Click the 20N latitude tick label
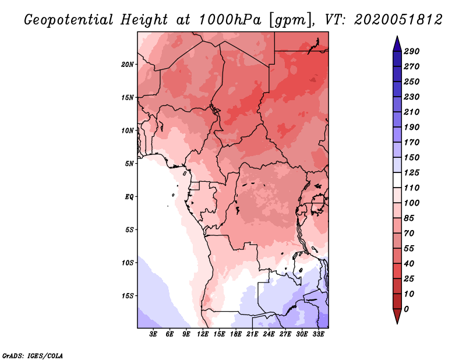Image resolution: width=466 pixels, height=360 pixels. point(128,64)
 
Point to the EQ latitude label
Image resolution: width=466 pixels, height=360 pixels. point(129,196)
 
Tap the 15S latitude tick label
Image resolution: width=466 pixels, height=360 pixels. point(128,295)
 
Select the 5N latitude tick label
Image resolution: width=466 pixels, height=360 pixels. point(130,164)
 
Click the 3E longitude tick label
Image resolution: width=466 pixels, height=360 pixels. point(154,334)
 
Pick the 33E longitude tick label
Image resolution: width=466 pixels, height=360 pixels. point(318,334)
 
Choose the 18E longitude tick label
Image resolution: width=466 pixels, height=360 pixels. point(236,334)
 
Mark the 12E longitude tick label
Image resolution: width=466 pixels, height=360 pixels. point(203,334)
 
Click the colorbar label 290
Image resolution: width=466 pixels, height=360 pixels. point(411,51)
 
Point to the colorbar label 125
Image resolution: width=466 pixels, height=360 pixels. point(411,172)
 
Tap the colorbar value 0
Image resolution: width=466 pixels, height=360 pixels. point(406,309)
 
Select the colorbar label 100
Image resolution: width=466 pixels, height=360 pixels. point(411,203)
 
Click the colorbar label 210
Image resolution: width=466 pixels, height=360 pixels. point(411,112)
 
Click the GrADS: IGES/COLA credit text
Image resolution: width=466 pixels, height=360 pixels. point(33,355)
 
